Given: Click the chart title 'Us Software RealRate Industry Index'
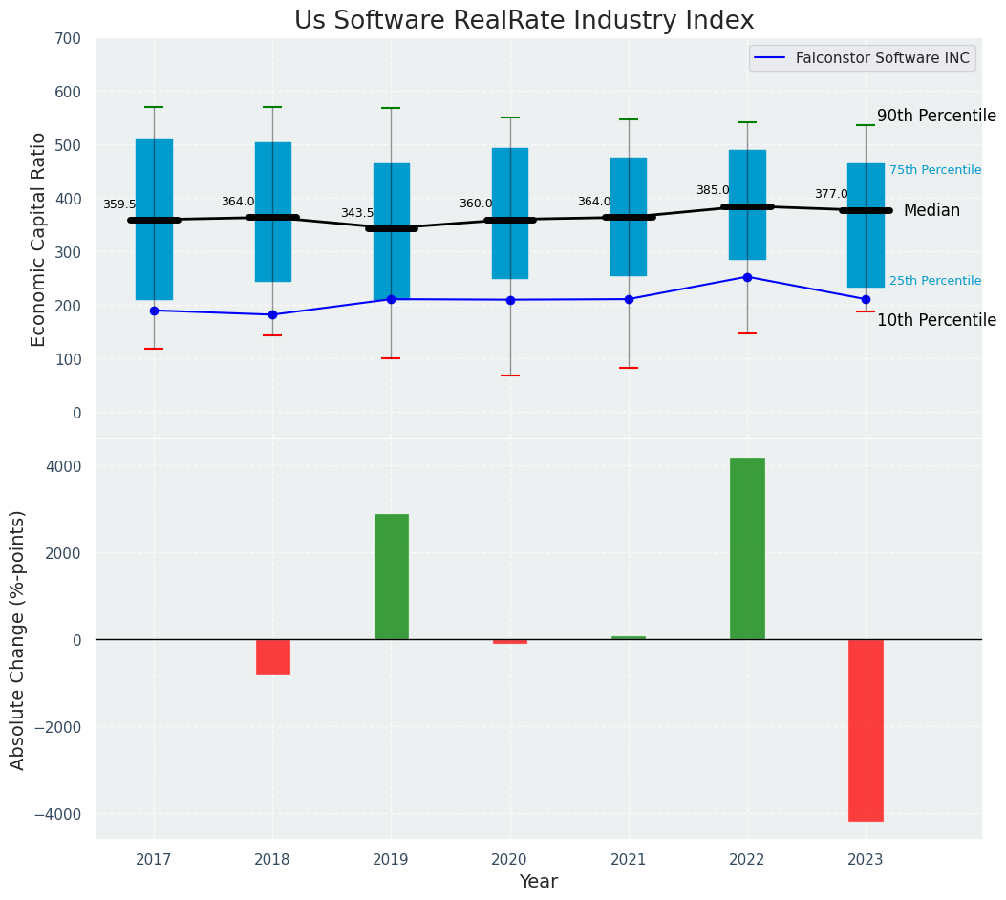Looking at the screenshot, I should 524,21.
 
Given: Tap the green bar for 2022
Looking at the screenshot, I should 747,548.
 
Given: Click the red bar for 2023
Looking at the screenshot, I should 866,730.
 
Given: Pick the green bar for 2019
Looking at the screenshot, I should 391,577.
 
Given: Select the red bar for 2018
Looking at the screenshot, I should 272,657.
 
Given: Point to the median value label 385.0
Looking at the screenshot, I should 713,190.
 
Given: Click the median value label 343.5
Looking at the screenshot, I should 357,213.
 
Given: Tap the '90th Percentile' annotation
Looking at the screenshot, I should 936,116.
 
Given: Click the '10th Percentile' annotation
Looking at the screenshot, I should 936,320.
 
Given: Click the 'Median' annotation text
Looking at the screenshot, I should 931,210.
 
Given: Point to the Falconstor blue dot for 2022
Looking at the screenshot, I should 747,277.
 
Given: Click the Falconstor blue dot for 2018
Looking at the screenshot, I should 272,314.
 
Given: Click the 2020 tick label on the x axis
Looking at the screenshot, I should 509,860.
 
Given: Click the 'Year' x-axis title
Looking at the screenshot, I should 539,882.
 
